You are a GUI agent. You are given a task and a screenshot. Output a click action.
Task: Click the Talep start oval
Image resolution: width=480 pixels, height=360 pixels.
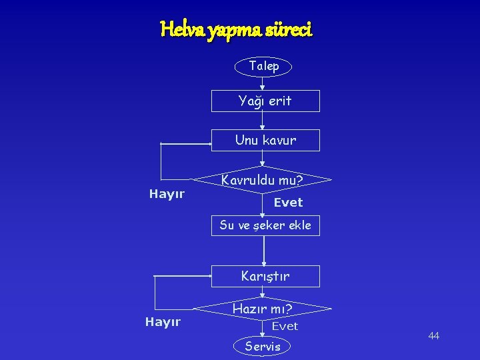click(x=263, y=67)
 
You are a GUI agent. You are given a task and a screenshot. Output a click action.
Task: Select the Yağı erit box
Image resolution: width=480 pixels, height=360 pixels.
click(x=265, y=101)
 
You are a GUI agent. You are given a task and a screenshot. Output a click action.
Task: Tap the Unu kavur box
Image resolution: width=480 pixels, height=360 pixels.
click(x=265, y=140)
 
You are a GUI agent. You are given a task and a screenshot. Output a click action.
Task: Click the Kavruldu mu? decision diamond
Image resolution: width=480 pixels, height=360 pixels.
click(x=262, y=180)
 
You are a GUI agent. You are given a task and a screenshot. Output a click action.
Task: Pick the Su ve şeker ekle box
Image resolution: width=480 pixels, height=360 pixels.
click(x=265, y=225)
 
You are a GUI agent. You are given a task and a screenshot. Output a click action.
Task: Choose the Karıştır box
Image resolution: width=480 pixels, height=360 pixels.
click(x=265, y=276)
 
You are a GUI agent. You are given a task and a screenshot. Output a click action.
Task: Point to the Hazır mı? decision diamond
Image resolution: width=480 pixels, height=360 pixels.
click(x=262, y=309)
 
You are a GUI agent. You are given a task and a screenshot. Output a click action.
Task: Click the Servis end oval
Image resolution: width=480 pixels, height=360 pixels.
click(x=263, y=346)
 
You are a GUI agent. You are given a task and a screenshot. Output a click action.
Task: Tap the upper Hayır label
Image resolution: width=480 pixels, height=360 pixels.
click(x=167, y=194)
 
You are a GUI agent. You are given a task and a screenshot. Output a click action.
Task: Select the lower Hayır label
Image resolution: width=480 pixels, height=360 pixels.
click(x=163, y=322)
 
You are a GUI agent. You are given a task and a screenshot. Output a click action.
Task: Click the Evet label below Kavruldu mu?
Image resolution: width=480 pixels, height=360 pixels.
click(x=288, y=202)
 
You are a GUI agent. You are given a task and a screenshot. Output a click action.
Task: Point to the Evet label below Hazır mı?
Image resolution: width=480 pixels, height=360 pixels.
click(x=285, y=326)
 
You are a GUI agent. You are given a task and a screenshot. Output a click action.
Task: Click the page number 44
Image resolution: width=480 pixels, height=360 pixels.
click(x=433, y=335)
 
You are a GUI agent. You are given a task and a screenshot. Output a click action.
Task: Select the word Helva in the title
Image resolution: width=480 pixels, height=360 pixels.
click(x=179, y=29)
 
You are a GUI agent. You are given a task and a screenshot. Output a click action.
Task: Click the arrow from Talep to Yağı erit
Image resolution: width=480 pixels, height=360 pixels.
click(x=263, y=83)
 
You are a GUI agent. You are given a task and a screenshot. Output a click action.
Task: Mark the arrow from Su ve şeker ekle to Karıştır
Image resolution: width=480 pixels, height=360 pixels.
click(x=264, y=251)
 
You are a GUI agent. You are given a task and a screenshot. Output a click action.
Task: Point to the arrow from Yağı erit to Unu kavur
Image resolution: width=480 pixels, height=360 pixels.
click(x=263, y=121)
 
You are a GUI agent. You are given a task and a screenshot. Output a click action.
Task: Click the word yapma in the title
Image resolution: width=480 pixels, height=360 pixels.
click(x=226, y=30)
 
